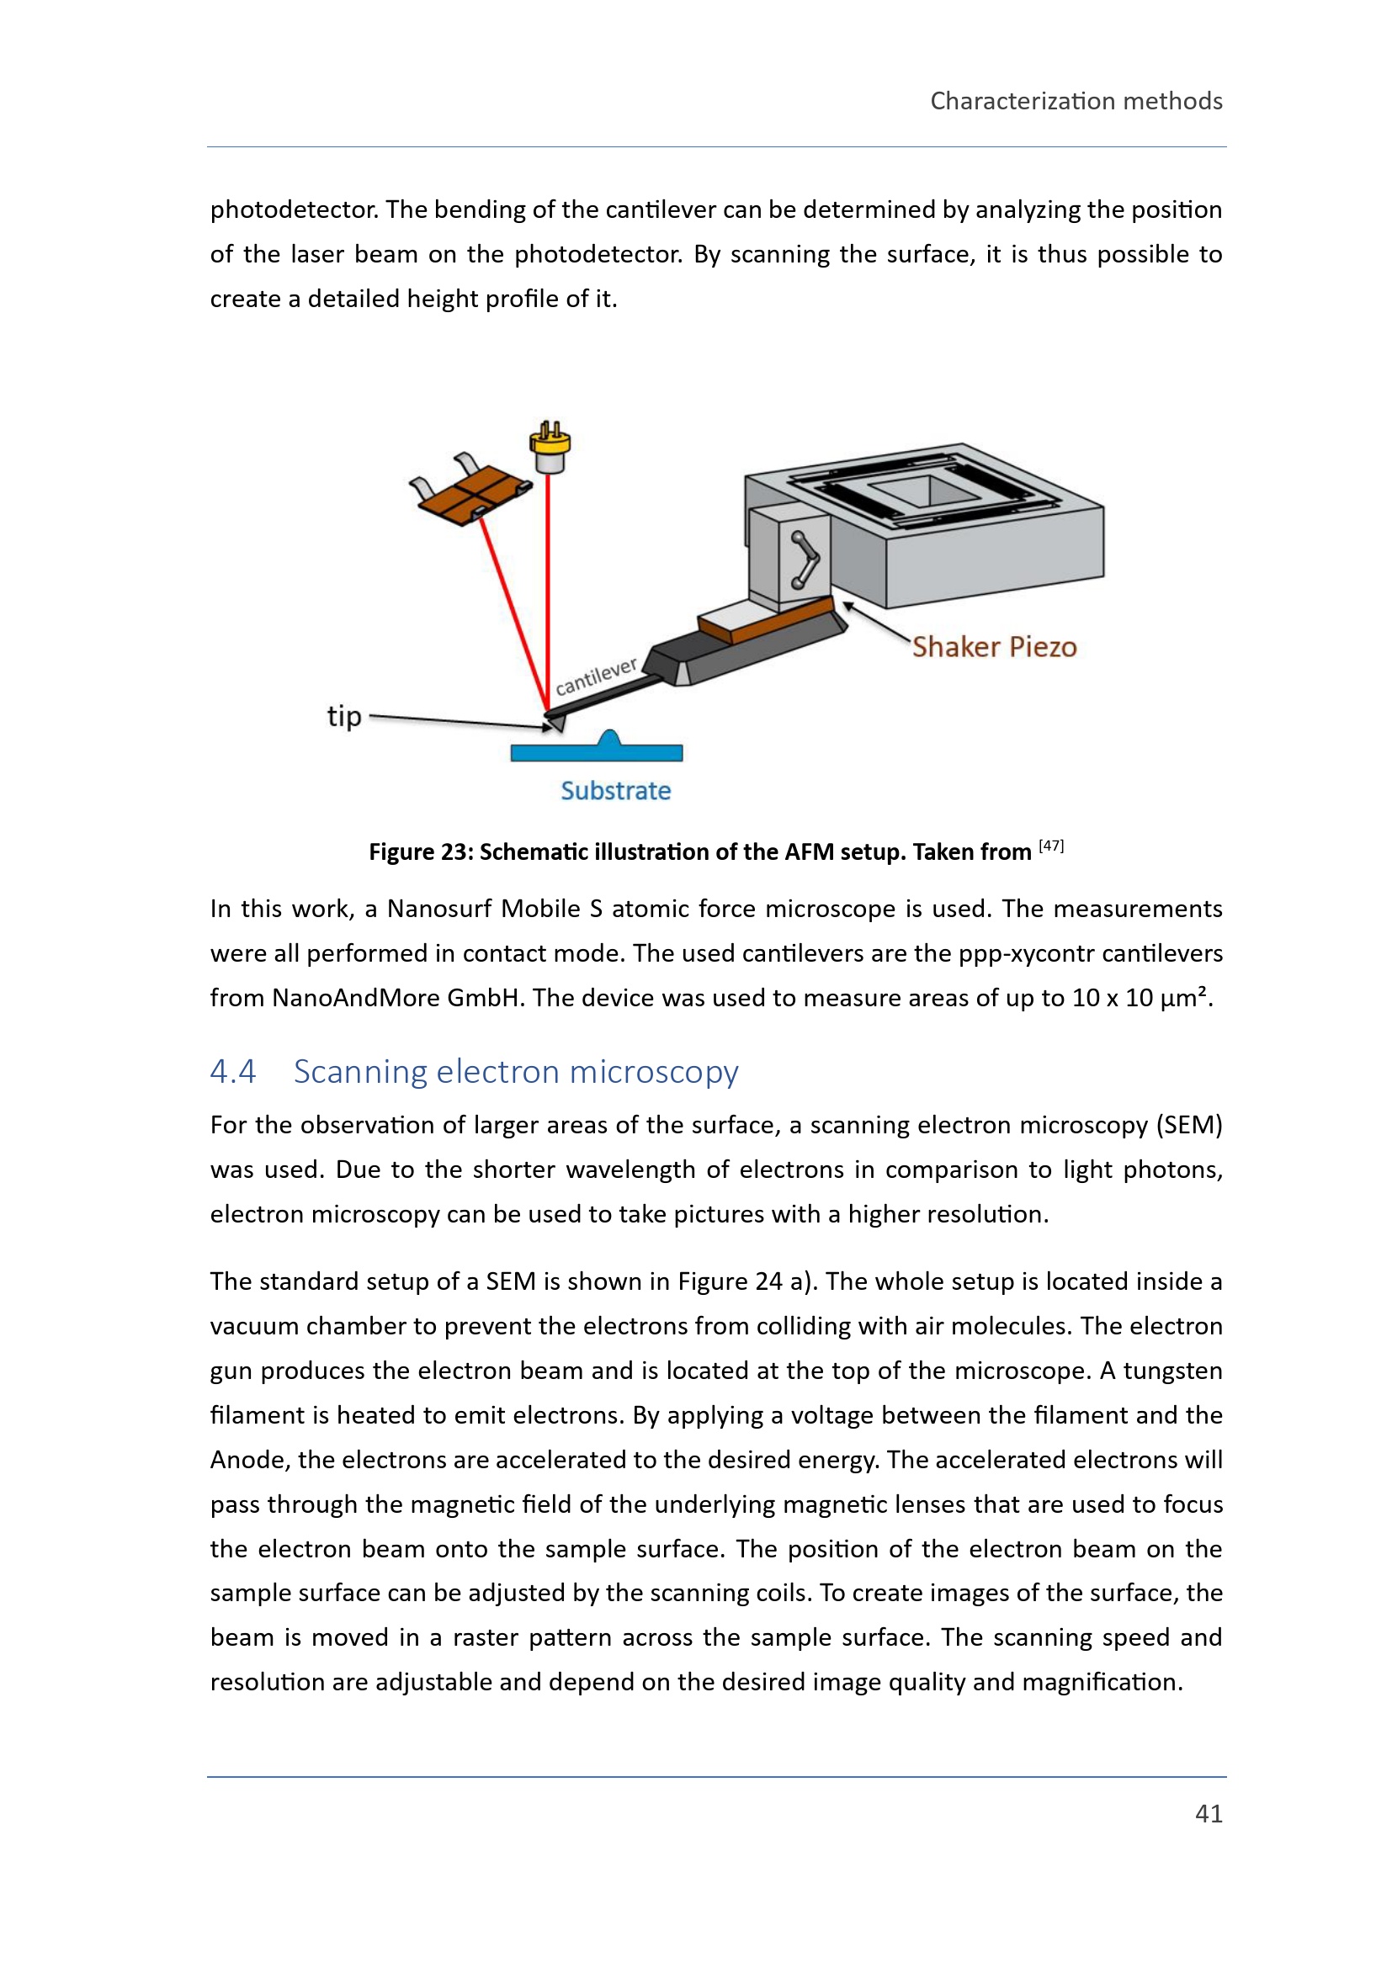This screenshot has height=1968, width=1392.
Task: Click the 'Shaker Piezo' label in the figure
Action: click(x=993, y=646)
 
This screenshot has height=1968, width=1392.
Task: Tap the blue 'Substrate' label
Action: click(x=615, y=790)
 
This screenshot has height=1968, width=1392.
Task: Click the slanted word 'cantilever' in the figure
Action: click(x=596, y=676)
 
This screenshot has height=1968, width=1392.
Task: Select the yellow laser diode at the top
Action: click(x=550, y=447)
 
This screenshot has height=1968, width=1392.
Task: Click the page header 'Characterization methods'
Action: click(x=1076, y=101)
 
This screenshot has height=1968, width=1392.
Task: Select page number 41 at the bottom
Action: click(x=1209, y=1813)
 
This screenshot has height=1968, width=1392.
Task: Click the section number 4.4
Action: click(x=233, y=1071)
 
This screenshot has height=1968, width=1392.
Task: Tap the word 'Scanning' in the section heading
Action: click(x=361, y=1071)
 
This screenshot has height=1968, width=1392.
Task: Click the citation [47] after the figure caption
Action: click(x=1051, y=846)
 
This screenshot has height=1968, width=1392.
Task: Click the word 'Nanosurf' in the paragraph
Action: click(x=438, y=909)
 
